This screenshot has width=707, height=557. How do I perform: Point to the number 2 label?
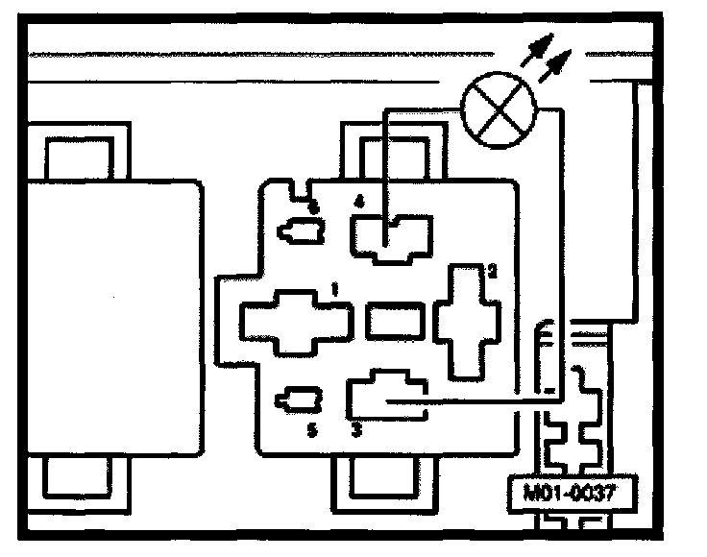coord(491,272)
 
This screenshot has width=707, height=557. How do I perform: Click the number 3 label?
coord(355,431)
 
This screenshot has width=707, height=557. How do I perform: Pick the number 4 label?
coord(359,202)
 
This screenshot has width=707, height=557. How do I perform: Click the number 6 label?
coord(312,204)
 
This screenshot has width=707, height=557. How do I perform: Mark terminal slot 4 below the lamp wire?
coord(392,236)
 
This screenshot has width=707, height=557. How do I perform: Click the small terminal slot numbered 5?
coord(298,400)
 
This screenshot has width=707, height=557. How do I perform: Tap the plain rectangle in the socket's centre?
coord(395,320)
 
